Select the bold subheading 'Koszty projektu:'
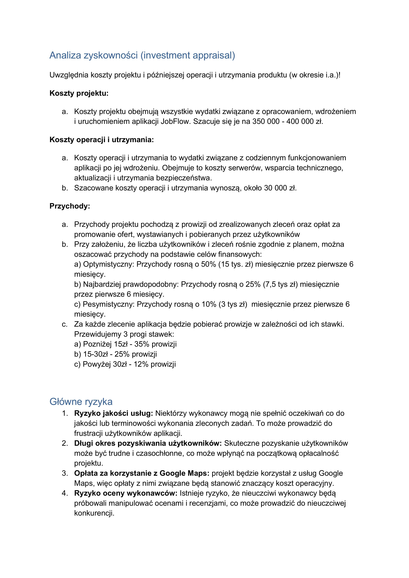pos(79,93)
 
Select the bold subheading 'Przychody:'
pos(70,206)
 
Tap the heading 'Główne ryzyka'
pos(81,402)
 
